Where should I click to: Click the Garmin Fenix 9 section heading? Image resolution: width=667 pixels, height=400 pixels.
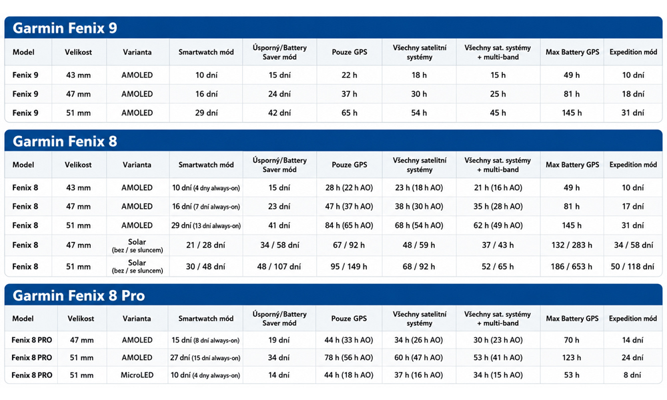[x=65, y=28]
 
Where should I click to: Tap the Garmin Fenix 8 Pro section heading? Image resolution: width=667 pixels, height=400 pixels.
[x=79, y=295]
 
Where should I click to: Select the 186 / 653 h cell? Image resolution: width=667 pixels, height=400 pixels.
[x=572, y=267]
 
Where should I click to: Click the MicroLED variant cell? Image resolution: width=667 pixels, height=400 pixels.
[x=137, y=375]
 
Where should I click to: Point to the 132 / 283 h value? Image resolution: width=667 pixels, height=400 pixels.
[x=572, y=245]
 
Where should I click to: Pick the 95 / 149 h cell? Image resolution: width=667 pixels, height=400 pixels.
[x=349, y=267]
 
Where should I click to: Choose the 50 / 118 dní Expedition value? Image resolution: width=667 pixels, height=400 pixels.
[x=632, y=267]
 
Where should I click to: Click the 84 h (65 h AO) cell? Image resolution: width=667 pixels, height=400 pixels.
[x=349, y=225]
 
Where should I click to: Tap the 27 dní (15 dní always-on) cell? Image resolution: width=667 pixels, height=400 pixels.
[x=205, y=357]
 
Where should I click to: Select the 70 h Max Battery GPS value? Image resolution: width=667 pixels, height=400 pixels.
[x=572, y=340]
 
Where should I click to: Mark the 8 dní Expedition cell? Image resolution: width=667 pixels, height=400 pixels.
[x=632, y=375]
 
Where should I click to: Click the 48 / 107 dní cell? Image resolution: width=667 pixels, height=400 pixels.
[x=279, y=267]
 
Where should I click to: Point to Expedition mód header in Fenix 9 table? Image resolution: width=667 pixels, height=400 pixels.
[x=633, y=52]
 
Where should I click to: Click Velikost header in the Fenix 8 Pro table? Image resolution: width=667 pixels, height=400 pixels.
[x=81, y=319]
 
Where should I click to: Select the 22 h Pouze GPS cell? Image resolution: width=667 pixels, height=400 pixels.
[x=350, y=75]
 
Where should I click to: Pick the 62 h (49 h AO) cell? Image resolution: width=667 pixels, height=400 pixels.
[x=498, y=225]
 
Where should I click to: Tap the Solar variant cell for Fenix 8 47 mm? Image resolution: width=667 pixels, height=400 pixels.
[x=137, y=245]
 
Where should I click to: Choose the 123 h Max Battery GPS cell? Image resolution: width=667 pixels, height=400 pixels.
[x=572, y=357]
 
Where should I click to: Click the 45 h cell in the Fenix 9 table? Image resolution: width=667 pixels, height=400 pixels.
[x=498, y=113]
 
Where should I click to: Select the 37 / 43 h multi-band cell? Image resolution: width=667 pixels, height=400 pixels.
[x=498, y=245]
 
